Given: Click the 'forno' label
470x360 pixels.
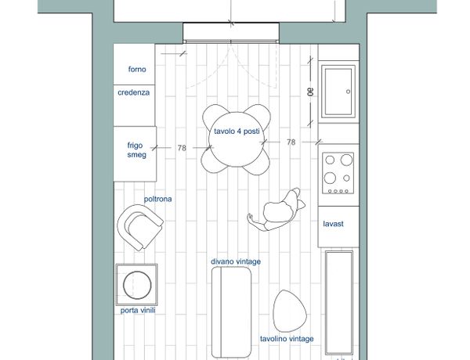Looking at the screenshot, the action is (137, 69).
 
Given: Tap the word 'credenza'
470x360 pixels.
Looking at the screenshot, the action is (133, 92).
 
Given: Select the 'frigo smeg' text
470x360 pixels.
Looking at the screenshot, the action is (136, 150).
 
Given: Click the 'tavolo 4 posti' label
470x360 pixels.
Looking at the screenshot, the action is (237, 131).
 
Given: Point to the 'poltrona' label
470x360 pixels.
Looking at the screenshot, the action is (157, 199).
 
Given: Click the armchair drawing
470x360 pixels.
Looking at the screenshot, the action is (140, 227).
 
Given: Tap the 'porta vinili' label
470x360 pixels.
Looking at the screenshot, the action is (138, 310).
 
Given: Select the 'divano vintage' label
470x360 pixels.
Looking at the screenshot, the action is (236, 261).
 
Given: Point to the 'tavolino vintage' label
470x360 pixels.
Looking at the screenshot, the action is (287, 339).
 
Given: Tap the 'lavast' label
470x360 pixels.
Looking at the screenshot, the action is (334, 224).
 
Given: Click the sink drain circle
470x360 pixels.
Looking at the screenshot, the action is (348, 92).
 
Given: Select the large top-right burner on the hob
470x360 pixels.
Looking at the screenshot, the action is (346, 160).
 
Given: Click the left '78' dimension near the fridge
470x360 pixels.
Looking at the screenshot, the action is (182, 148).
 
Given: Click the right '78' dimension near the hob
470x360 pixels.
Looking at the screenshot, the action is (291, 142).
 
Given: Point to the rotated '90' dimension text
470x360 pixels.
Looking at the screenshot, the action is (310, 92).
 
